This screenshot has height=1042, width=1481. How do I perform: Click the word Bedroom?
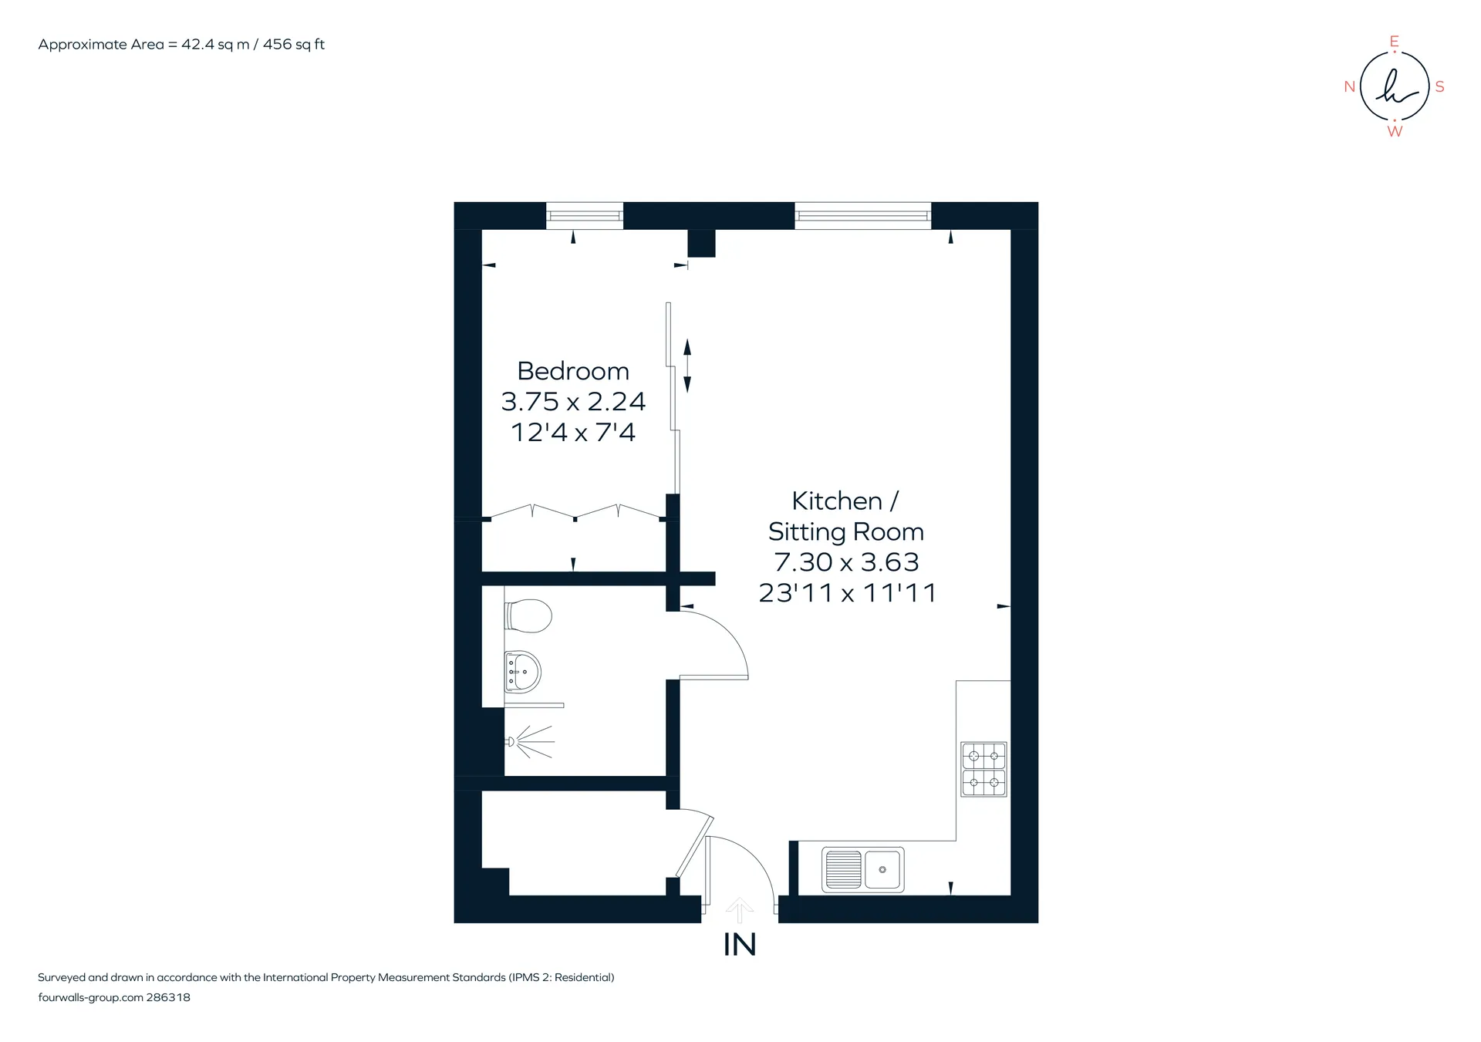(573, 371)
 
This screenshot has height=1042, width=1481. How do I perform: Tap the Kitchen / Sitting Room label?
(846, 516)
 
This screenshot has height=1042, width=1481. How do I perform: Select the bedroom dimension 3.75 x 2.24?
(573, 401)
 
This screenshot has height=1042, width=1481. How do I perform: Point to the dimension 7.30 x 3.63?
(846, 562)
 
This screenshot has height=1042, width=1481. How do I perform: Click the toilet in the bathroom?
(528, 616)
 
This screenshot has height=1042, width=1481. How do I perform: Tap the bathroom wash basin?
(523, 671)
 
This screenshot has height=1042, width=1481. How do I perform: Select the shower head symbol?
(531, 742)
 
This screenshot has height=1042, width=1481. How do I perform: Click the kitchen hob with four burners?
(983, 769)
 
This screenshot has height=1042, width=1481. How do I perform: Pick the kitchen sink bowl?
(883, 869)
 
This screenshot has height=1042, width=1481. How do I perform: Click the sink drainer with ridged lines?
(843, 869)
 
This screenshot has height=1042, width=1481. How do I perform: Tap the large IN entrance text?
(740, 945)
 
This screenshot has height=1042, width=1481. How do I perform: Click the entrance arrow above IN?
(740, 910)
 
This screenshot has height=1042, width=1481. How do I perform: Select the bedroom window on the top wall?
(585, 215)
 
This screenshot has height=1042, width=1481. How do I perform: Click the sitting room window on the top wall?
(863, 215)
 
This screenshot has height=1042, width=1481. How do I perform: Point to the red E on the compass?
(1394, 42)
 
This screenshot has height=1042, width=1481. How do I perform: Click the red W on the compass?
(1395, 132)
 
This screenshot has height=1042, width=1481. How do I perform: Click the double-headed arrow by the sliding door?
(687, 366)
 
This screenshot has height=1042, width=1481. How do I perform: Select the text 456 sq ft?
(294, 45)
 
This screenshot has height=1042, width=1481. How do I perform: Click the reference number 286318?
(168, 997)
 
